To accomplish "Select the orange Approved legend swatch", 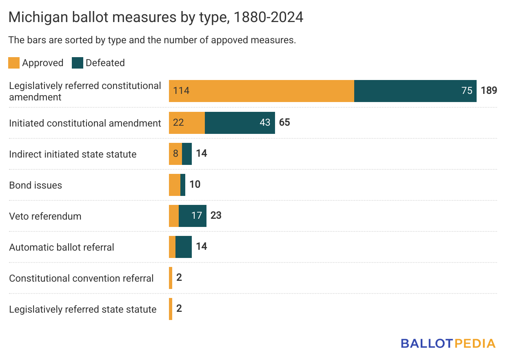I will (14, 63).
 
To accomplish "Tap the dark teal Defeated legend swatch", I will (78, 63).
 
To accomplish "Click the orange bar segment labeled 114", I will (261, 91).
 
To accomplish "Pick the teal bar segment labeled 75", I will (415, 91).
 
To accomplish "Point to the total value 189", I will (489, 91).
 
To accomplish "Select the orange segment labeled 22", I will (187, 122).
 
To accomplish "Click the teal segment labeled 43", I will (240, 122).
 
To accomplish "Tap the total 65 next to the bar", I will (284, 122).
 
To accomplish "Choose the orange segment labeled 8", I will (175, 153).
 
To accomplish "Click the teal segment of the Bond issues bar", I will (183, 184).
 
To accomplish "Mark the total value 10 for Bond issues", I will (195, 184).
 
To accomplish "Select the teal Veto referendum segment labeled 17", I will (193, 216).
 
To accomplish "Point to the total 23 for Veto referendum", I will (216, 216).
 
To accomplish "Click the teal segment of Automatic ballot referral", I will (184, 247).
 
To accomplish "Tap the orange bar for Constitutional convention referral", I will (171, 278).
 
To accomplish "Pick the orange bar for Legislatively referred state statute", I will (171, 309).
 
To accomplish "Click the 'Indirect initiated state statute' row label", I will (73, 154).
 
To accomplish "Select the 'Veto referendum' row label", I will (45, 216).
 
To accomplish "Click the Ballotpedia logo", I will (448, 343).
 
